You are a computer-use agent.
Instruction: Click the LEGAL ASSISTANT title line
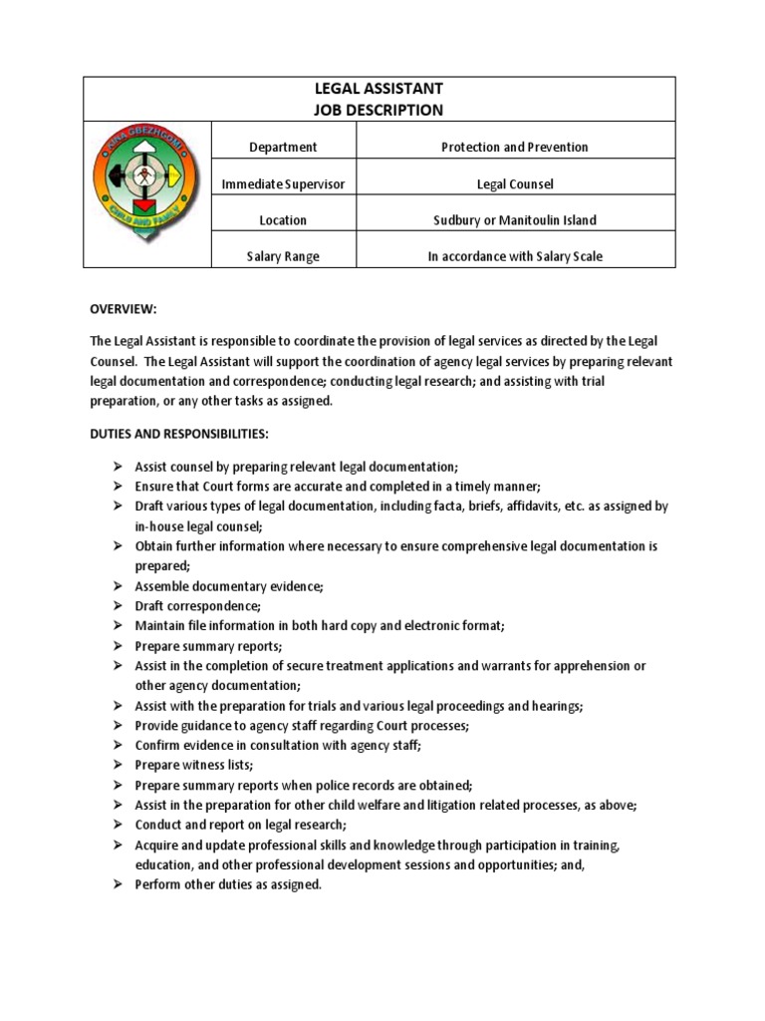tap(379, 90)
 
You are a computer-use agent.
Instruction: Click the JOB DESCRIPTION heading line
tap(379, 110)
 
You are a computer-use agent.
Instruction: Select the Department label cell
tap(283, 147)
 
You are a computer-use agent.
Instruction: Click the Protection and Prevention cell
tap(514, 147)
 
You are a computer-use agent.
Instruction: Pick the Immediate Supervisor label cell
tap(283, 183)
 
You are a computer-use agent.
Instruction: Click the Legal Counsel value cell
tap(514, 183)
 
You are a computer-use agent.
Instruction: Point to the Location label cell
tap(283, 219)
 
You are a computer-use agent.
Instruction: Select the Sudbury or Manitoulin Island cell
tap(514, 219)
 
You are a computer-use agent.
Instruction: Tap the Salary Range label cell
tap(283, 256)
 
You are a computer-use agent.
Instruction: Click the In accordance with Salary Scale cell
tap(514, 256)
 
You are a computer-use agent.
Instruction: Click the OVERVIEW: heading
tap(124, 309)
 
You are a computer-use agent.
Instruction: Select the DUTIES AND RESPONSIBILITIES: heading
tap(179, 435)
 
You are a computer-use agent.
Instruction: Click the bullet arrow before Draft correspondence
tap(117, 605)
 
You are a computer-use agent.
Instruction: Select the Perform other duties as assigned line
tap(228, 884)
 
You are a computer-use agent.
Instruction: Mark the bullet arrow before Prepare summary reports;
tap(117, 645)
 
